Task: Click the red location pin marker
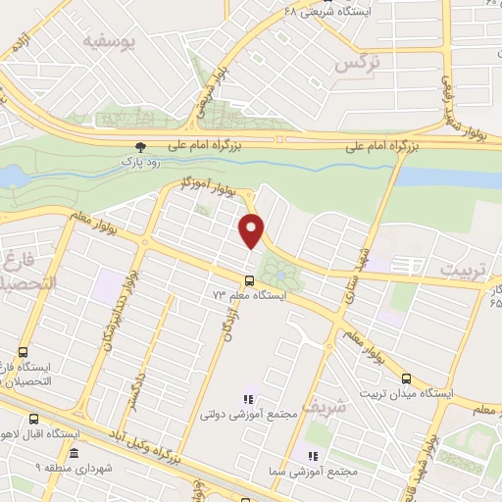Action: pyautogui.click(x=253, y=229)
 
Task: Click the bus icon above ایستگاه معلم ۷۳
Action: pyautogui.click(x=247, y=280)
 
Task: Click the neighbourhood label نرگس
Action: pyautogui.click(x=356, y=62)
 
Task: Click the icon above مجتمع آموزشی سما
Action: pyautogui.click(x=313, y=456)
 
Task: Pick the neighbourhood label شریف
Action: pyautogui.click(x=324, y=403)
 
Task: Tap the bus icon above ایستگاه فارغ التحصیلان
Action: pyautogui.click(x=23, y=353)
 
